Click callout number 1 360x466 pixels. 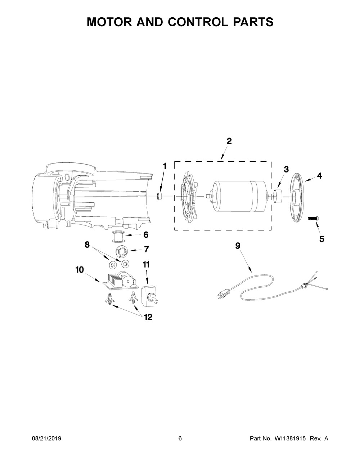pyautogui.click(x=165, y=166)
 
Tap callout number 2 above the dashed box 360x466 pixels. pyautogui.click(x=229, y=141)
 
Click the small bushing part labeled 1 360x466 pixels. pyautogui.click(x=160, y=197)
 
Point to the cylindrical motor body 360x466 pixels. pyautogui.click(x=238, y=196)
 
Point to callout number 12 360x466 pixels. pyautogui.click(x=148, y=317)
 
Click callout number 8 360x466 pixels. pyautogui.click(x=87, y=245)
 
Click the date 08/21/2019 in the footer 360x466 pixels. pyautogui.click(x=46, y=439)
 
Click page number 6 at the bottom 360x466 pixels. pyautogui.click(x=180, y=439)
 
